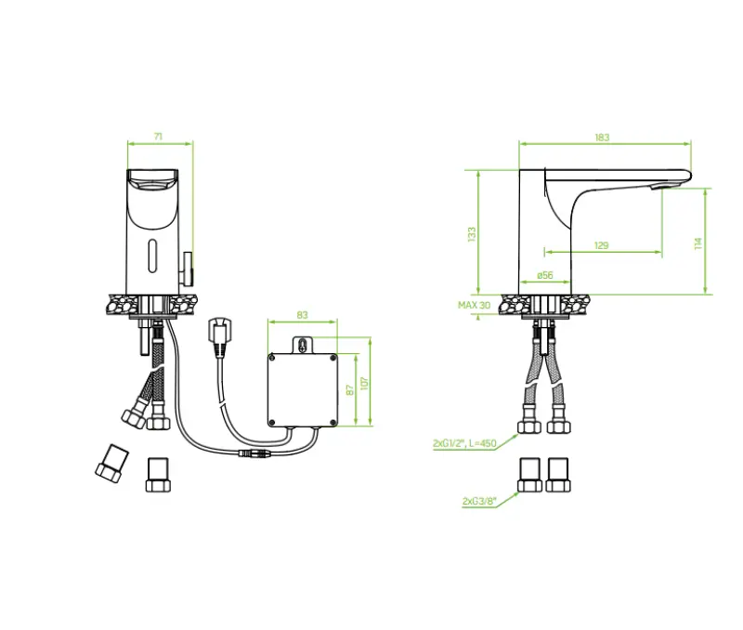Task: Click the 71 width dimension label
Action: (x=158, y=137)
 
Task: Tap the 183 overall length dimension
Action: (x=602, y=138)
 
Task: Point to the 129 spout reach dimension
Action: (x=601, y=245)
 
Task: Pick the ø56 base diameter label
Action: (x=545, y=275)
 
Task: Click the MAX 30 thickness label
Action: (x=474, y=305)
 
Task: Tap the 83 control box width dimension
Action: (x=302, y=315)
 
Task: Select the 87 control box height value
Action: (x=350, y=389)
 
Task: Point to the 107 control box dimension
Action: (x=364, y=383)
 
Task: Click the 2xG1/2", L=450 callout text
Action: (x=463, y=444)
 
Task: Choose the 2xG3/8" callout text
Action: (x=478, y=501)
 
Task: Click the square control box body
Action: (x=302, y=388)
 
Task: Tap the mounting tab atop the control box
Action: (x=302, y=345)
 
